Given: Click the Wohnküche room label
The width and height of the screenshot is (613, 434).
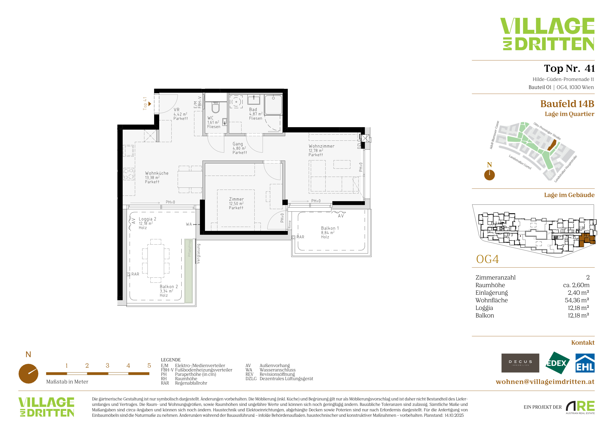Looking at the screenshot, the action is pyautogui.click(x=157, y=173).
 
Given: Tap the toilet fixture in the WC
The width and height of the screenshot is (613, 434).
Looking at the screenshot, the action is pyautogui.click(x=215, y=107).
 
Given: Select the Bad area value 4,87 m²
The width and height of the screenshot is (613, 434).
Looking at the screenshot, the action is pyautogui.click(x=256, y=114).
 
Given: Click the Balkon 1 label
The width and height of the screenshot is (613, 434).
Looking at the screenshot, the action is pyautogui.click(x=330, y=228).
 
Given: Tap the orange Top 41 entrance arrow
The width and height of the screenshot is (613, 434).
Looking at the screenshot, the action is pyautogui.click(x=150, y=104).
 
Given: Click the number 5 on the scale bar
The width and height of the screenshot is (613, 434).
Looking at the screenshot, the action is pyautogui.click(x=149, y=366).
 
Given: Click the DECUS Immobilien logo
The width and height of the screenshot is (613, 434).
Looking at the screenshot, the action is pyautogui.click(x=520, y=363).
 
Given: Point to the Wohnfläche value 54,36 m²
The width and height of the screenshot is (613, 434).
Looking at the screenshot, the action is pyautogui.click(x=577, y=300).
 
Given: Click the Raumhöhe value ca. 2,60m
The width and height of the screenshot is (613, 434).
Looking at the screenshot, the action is pyautogui.click(x=576, y=285).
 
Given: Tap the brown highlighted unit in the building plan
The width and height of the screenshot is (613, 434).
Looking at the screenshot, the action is pyautogui.click(x=587, y=239).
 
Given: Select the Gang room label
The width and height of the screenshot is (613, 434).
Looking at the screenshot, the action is pyautogui.click(x=238, y=144).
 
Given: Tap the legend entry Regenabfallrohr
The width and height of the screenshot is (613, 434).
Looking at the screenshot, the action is pyautogui.click(x=191, y=383).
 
